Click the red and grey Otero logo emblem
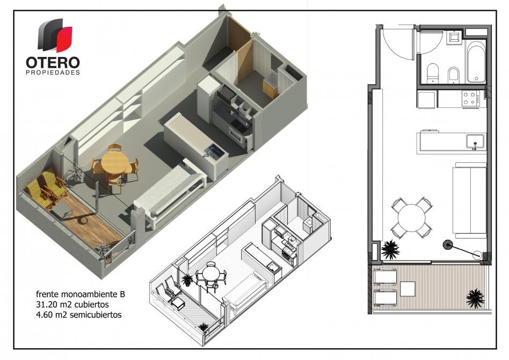click(x=55, y=35)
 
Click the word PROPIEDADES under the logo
click(x=53, y=73)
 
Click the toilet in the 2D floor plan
click(x=432, y=74)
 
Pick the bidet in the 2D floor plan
click(x=453, y=75)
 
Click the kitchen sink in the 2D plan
click(x=475, y=142)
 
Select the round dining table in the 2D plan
click(x=411, y=218)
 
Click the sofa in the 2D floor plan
click(x=469, y=201)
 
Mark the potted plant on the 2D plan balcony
click(x=475, y=298)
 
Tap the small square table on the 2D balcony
click(x=408, y=289)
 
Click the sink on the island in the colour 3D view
click(x=214, y=152)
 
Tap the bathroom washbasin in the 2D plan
click(x=454, y=38)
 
